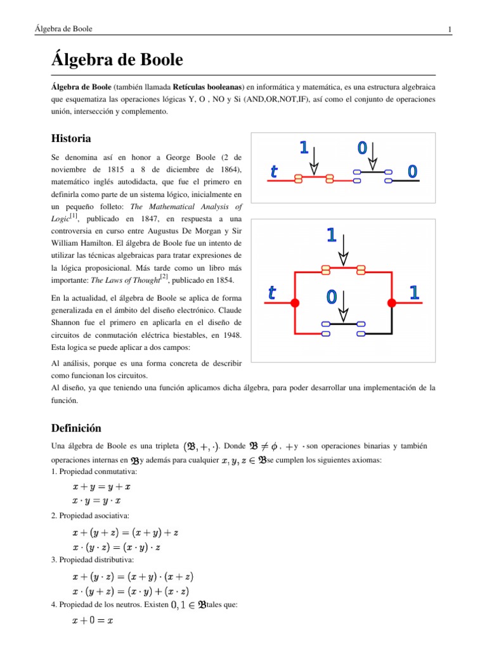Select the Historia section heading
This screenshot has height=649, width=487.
pyautogui.click(x=71, y=138)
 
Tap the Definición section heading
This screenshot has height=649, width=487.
pyautogui.click(x=76, y=428)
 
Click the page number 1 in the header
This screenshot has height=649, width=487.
pyautogui.click(x=449, y=30)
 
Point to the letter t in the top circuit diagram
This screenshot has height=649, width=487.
pyautogui.click(x=274, y=171)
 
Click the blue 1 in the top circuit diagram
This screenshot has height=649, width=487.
pyautogui.click(x=304, y=148)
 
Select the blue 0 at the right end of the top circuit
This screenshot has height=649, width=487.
pyautogui.click(x=412, y=171)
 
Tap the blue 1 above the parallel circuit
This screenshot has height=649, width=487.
pyautogui.click(x=331, y=235)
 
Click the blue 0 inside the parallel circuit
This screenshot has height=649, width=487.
pyautogui.click(x=331, y=296)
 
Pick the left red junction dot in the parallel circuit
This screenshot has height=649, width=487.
pyautogui.click(x=295, y=304)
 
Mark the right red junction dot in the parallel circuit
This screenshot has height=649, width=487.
pyautogui.click(x=392, y=304)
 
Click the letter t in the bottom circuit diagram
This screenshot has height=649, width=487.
pyautogui.click(x=272, y=293)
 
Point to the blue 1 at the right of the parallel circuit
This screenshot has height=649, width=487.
pyautogui.click(x=414, y=292)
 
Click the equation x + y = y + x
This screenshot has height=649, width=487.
pyautogui.click(x=101, y=487)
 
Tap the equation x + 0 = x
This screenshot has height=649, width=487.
pyautogui.click(x=93, y=621)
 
